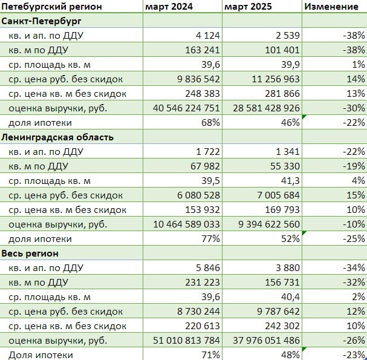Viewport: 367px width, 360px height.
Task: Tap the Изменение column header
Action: (331, 7)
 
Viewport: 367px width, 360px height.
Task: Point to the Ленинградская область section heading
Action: (57, 137)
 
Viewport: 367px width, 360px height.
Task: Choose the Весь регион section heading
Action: (31, 253)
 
